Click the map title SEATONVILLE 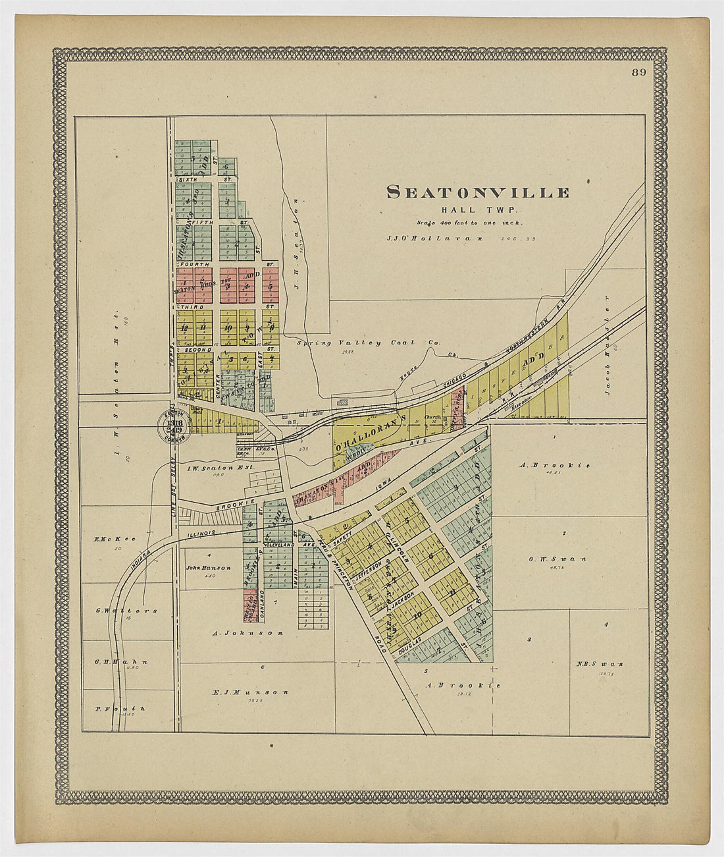point(478,192)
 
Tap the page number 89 point(639,72)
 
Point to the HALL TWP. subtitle point(478,209)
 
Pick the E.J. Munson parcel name point(251,692)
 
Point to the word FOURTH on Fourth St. point(198,264)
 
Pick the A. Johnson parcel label point(247,633)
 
